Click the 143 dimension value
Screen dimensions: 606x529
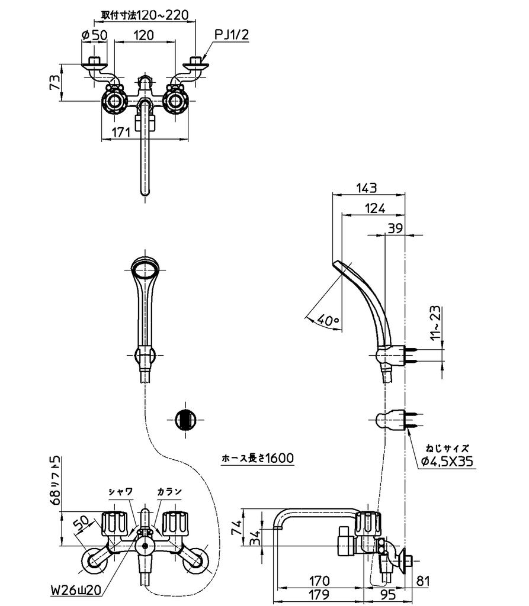[x=367, y=188]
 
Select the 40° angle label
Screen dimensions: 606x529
[x=328, y=320]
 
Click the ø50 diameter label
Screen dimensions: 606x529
[x=94, y=36]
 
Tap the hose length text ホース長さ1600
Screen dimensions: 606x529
[x=258, y=457]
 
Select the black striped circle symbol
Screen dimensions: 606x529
[x=186, y=419]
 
